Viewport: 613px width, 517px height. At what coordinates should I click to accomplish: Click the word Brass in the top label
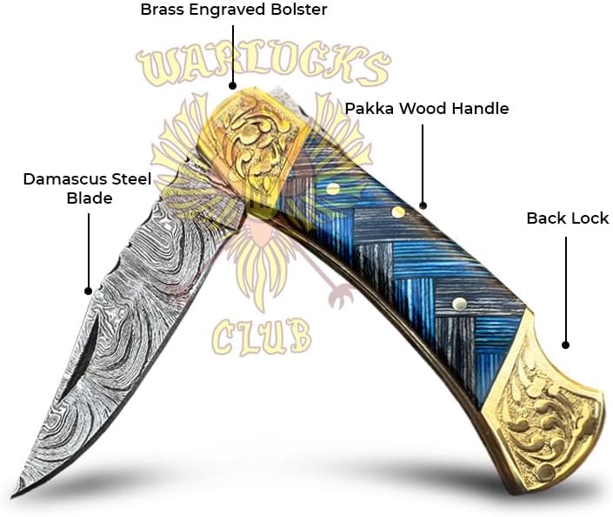162,11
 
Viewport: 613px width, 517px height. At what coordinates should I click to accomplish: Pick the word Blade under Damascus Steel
90,198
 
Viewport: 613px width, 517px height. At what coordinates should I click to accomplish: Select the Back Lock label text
567,218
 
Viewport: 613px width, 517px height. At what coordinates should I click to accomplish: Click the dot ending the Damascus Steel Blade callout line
88,291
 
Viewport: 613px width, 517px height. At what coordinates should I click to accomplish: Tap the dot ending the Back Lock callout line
566,346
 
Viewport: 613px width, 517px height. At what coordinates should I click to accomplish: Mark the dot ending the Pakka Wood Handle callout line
423,205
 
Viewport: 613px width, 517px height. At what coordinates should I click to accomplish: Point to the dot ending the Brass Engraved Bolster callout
232,85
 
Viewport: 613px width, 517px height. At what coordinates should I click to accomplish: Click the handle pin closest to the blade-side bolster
332,189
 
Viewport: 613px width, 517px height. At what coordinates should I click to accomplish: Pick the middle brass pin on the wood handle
397,211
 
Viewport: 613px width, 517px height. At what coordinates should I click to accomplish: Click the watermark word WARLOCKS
262,68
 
